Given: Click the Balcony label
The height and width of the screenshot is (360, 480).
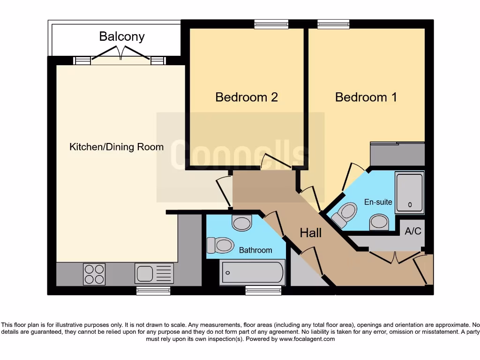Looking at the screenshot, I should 122,37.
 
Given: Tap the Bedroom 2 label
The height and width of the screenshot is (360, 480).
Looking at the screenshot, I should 247,97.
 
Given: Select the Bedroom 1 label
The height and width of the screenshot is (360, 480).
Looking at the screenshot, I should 366,97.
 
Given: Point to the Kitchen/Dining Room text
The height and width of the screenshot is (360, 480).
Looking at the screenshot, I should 117,147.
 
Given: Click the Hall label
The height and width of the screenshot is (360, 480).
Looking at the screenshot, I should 311,232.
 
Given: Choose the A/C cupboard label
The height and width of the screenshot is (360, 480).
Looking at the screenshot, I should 413,231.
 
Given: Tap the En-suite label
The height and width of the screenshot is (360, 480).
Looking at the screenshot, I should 378,202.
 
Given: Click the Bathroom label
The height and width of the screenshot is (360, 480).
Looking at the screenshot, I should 255,250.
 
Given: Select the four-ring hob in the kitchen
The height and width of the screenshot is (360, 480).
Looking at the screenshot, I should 94,274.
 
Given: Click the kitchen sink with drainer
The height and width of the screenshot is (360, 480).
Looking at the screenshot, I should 154,274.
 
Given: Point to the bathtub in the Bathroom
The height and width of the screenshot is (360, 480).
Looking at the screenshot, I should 253,272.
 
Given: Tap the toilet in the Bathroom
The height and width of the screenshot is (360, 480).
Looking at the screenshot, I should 220,245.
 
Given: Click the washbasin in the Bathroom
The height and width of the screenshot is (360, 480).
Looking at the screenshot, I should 242,223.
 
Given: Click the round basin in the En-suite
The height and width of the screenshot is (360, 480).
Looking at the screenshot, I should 379,222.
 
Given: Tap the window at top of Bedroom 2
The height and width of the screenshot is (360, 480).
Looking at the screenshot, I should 271,24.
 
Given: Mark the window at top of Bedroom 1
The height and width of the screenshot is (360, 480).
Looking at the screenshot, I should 333,24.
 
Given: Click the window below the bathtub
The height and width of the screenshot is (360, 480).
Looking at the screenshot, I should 263,291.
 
